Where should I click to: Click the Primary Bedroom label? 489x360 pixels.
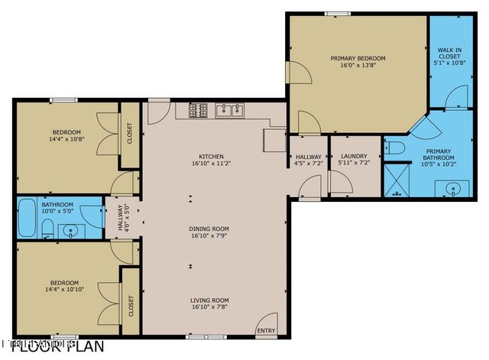pos(358,58)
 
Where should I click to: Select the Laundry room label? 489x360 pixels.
pos(354,156)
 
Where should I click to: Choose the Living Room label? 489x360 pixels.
pos(210,300)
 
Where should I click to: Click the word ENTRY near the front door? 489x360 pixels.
pos(266,331)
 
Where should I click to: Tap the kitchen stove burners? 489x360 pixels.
pos(198,111)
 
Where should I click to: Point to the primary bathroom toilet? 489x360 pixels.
pos(394,148)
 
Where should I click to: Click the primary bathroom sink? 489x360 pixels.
pos(452,188)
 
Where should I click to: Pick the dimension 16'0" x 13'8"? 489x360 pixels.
pos(358,66)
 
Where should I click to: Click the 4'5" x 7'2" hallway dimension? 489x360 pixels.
pos(308,163)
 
